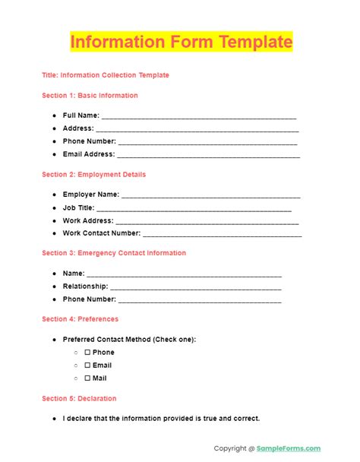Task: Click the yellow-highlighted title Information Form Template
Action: coord(181,41)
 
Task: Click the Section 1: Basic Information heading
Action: coord(90,96)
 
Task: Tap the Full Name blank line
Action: coord(198,117)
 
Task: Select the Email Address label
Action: coord(89,154)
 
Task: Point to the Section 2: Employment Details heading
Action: coord(94,175)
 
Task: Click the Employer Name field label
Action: coord(91,195)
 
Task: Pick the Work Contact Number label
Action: coord(102,233)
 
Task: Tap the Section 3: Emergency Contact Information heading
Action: coord(114,253)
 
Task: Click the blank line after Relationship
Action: coord(196,288)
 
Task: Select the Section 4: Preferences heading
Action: coord(81,319)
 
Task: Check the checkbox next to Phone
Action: coord(87,353)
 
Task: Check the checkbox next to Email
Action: coord(87,365)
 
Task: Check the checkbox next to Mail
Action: coord(87,378)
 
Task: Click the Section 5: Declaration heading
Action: coord(80,398)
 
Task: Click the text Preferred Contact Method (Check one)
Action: coord(129,339)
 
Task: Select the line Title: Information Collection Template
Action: coord(106,75)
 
